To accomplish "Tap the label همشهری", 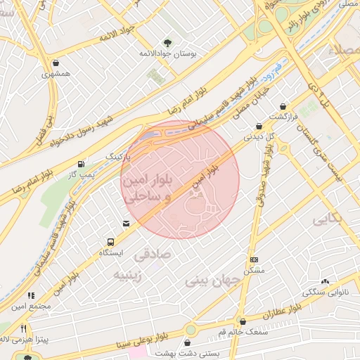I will click(56, 74).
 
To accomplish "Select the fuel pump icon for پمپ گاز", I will click(83, 162).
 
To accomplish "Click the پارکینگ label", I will click(118, 155).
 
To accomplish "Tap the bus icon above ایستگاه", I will click(110, 242).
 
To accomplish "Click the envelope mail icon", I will click(126, 224).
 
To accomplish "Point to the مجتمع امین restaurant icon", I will click(30, 296).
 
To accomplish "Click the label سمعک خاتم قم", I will click(243, 331).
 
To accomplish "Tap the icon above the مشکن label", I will click(253, 260).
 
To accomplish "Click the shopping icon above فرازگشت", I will click(283, 106).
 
